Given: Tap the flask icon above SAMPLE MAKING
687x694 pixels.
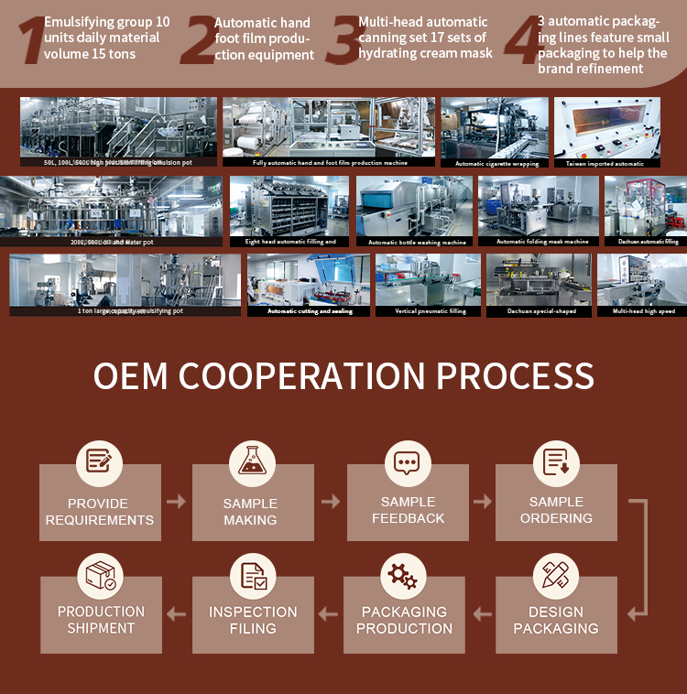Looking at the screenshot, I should (251, 461).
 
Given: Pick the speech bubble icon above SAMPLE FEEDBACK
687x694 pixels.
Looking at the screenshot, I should (407, 461).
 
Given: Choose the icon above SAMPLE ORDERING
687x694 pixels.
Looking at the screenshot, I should (556, 461).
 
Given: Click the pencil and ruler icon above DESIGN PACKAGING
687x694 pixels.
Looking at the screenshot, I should (555, 575).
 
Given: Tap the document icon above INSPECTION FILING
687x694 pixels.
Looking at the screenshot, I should (253, 575).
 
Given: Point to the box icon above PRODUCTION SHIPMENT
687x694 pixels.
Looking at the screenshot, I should (101, 575).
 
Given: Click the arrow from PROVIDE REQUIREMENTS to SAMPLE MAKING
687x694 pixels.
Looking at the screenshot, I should (176, 502).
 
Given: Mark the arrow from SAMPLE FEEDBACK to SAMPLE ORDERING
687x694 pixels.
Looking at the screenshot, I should (483, 502).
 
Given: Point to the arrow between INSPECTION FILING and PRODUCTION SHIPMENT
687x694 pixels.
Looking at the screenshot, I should (177, 613).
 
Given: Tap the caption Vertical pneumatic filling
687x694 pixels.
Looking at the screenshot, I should (430, 311).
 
